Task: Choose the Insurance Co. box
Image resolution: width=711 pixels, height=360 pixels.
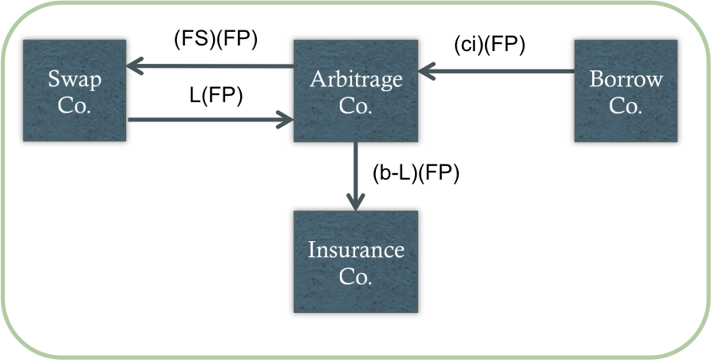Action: click(x=356, y=262)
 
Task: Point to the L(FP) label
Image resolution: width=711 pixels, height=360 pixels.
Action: click(x=215, y=95)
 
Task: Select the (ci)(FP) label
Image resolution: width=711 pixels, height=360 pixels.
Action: click(x=488, y=45)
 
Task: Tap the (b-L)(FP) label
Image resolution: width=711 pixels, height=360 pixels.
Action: click(x=416, y=174)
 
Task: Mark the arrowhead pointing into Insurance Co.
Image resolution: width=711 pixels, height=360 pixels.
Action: click(x=355, y=203)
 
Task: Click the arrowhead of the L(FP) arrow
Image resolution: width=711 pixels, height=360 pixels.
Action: click(x=286, y=121)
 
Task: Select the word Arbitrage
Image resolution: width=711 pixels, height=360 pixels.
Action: click(x=356, y=80)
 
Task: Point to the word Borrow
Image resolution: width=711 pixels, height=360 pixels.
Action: click(x=626, y=80)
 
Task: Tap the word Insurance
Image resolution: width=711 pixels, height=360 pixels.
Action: click(x=356, y=251)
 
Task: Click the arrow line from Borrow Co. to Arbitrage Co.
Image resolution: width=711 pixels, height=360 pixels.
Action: click(x=503, y=73)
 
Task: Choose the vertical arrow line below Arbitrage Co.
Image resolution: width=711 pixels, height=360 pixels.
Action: click(x=355, y=172)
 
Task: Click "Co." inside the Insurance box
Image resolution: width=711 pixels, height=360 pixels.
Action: click(x=356, y=276)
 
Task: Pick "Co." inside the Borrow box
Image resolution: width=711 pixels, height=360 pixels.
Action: click(x=626, y=105)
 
